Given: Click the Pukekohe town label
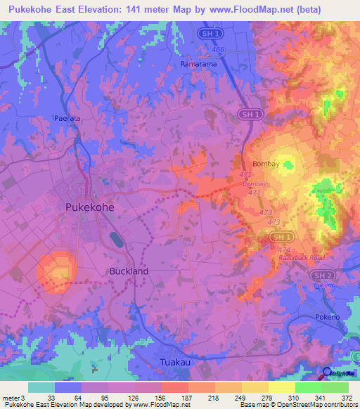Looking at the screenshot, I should click(89, 207).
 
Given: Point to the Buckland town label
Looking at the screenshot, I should click(129, 271).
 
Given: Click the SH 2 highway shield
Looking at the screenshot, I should click(321, 275).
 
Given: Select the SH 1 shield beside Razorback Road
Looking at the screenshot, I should click(278, 239).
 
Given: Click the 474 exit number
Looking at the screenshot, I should click(284, 249).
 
